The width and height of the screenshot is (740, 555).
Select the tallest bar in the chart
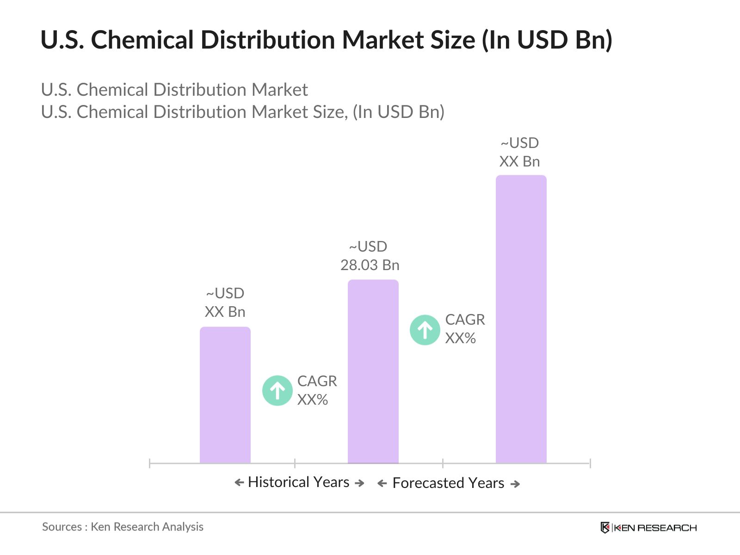pos(521,319)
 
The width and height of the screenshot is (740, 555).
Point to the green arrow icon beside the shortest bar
pos(277,390)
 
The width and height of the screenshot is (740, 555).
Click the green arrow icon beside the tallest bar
pos(425,330)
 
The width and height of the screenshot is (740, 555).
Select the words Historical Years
pos(299,482)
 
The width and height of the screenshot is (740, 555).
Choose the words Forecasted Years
pos(448,483)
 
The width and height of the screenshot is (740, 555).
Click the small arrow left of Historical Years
pos(239,483)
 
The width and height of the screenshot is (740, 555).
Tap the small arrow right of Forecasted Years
pos(515,484)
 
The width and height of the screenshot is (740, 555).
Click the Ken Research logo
pos(648,527)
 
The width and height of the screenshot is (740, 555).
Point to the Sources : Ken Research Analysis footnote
pos(123,527)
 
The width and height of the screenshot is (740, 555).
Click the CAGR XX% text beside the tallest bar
pos(465,329)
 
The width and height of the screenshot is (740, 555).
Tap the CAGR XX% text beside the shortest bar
pos(317,390)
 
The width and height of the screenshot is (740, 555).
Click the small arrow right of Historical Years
pos(359,483)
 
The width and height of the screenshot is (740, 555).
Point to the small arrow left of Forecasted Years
pos(382,484)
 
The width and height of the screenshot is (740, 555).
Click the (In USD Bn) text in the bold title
pos(547,40)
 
